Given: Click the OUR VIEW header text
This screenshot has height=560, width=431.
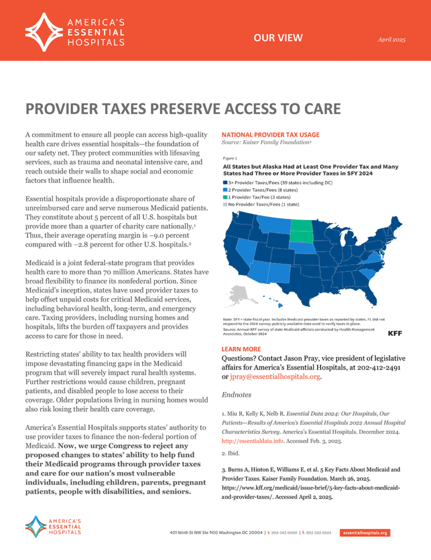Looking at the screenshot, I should tap(282, 38).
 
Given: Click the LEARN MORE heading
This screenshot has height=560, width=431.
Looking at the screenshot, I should tap(237, 348).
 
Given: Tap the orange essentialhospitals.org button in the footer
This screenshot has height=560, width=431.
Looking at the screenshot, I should tap(364, 532).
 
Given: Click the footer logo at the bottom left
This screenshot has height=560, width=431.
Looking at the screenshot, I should tap(53, 526).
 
